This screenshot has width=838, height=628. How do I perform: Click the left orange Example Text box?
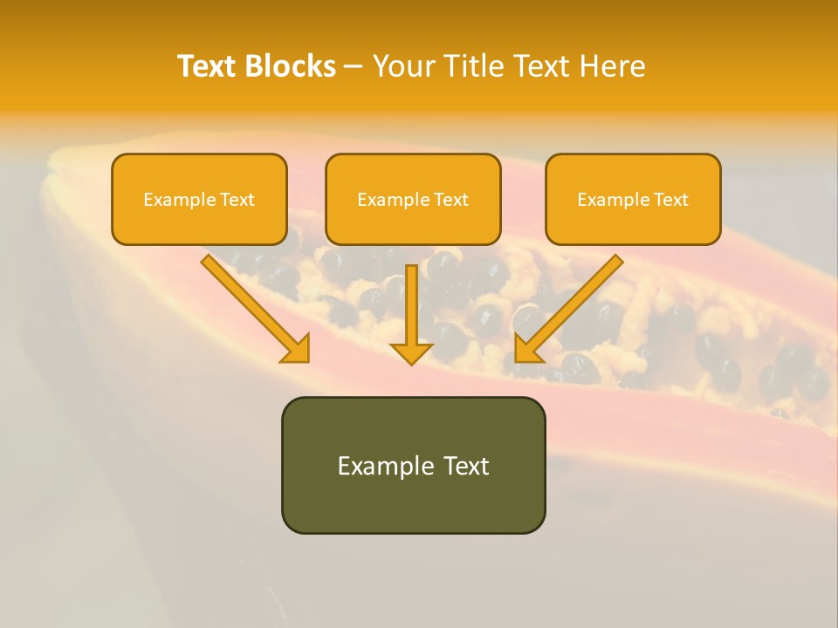pos(199,199)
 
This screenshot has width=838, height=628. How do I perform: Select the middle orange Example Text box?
pos(413,199)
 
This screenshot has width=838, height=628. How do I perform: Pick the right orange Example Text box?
pos(633,199)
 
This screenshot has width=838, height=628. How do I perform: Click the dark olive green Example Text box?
pos(413,465)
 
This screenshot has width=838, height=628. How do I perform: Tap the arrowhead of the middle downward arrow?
pos(411,353)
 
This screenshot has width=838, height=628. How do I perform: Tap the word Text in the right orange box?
pos(670,200)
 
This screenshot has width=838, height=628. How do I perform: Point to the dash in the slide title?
pos(354,66)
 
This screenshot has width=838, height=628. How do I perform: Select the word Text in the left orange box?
pos(237,200)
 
